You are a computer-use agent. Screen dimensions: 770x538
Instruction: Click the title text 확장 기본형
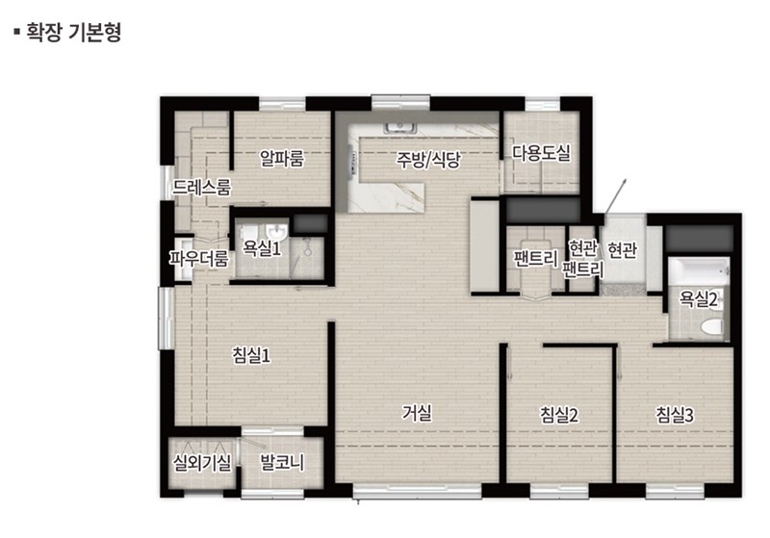pos(73,33)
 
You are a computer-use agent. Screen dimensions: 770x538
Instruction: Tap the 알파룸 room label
pos(282,158)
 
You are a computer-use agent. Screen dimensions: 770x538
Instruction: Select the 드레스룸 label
pos(201,187)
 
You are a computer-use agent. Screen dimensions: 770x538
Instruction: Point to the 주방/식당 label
pos(428,159)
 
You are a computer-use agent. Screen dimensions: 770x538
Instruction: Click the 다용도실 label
pos(542,153)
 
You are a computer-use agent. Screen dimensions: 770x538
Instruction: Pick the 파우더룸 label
pos(199,258)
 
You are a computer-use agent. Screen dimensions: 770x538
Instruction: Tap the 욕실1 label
pos(262,248)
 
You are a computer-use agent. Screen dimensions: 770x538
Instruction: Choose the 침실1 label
pos(251,355)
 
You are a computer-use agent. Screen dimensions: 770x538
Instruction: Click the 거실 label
pos(417,413)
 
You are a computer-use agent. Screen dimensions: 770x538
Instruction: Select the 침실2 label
pos(559,415)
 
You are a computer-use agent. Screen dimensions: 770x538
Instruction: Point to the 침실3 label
pos(675,415)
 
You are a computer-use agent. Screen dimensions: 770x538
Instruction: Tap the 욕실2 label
pos(699,299)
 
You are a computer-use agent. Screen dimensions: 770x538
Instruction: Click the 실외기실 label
pos(202,462)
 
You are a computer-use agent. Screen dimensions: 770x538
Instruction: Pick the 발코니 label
pos(282,462)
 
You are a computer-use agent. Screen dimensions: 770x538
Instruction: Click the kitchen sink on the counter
pos(400,128)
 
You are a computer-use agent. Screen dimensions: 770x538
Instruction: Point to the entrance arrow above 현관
pos(615,196)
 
